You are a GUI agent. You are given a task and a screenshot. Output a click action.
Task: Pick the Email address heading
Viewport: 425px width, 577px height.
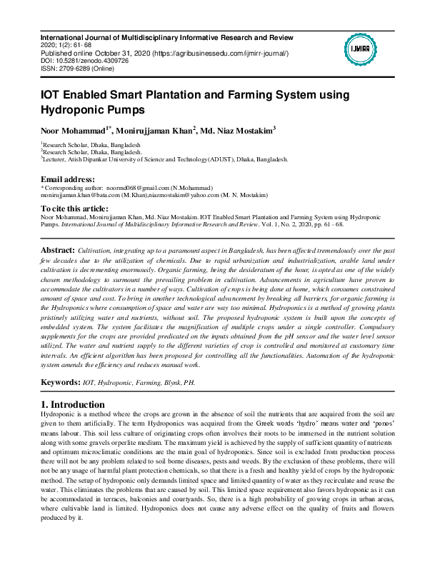(67, 179)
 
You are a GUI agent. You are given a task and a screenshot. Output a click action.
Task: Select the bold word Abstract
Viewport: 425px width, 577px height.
(58, 251)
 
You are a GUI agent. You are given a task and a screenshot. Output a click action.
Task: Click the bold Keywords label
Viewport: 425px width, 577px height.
(60, 383)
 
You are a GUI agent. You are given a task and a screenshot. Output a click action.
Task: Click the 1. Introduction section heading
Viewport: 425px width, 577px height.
(73, 405)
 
